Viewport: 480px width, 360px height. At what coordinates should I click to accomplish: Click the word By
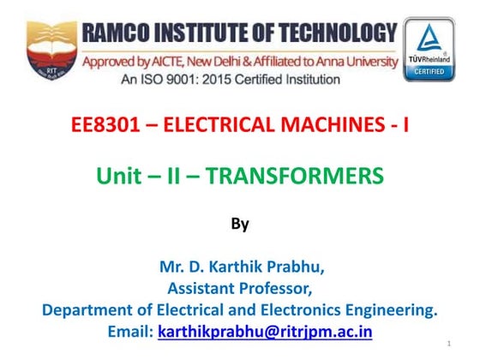[240, 225]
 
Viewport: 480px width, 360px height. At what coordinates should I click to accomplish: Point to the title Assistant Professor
[240, 288]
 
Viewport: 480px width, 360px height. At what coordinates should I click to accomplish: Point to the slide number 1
[449, 344]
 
